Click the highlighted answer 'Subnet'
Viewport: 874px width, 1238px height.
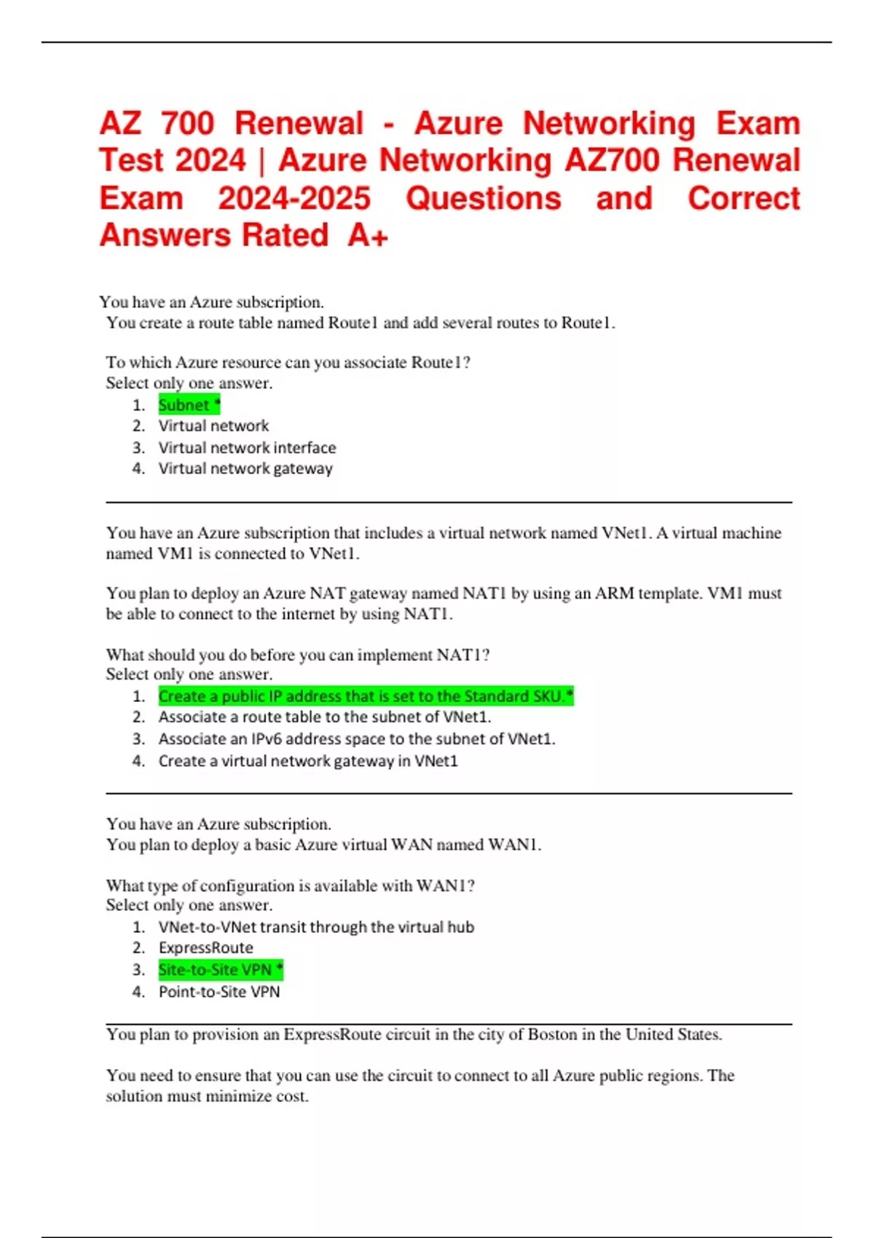click(189, 405)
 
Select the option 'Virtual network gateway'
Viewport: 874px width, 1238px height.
click(245, 468)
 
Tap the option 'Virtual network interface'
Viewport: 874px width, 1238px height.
click(247, 447)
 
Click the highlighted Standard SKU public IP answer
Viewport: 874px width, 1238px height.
click(366, 696)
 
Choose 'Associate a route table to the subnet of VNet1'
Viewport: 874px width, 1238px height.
click(325, 717)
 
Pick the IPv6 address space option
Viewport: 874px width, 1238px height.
click(357, 739)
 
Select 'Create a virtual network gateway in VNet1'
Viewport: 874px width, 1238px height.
click(308, 761)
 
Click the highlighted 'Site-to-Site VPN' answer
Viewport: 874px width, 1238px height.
click(220, 970)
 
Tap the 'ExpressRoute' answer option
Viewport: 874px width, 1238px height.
click(206, 948)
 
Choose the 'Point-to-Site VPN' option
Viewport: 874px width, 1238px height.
click(219, 992)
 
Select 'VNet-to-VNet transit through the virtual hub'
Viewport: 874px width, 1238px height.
click(316, 927)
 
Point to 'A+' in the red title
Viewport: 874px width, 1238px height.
click(368, 235)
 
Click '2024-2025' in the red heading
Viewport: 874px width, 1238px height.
click(294, 198)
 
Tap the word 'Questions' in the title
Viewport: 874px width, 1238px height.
click(484, 198)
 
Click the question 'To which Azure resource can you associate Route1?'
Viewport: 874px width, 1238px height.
click(288, 363)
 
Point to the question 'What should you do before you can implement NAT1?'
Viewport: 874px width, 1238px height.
click(297, 655)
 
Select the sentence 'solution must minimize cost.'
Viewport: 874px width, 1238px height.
click(207, 1096)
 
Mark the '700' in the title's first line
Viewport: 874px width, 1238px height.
click(188, 123)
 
